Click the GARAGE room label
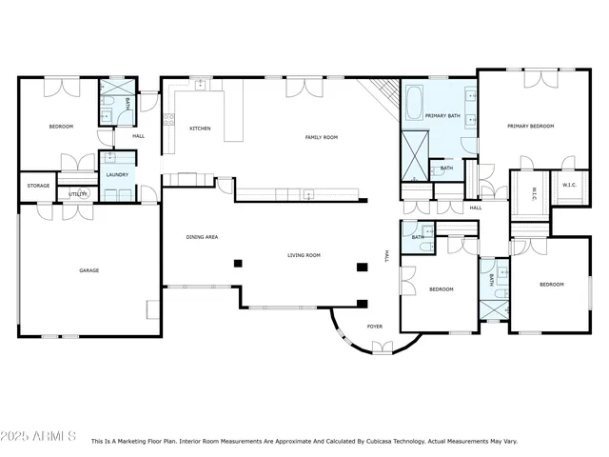pos(88,270)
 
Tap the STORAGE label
pos(38,186)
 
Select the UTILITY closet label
pos(78,194)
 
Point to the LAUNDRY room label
pos(117,175)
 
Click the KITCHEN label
pos(200,129)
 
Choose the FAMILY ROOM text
pos(321,137)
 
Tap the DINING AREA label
pos(202,236)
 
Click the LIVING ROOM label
pos(304,255)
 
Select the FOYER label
pos(375,327)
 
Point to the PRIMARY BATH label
pos(442,115)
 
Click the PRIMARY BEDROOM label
pos(530,126)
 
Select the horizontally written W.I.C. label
pos(570,185)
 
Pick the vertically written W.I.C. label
pos(534,193)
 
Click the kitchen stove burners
pos(169,120)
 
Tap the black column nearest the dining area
pos(238,263)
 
